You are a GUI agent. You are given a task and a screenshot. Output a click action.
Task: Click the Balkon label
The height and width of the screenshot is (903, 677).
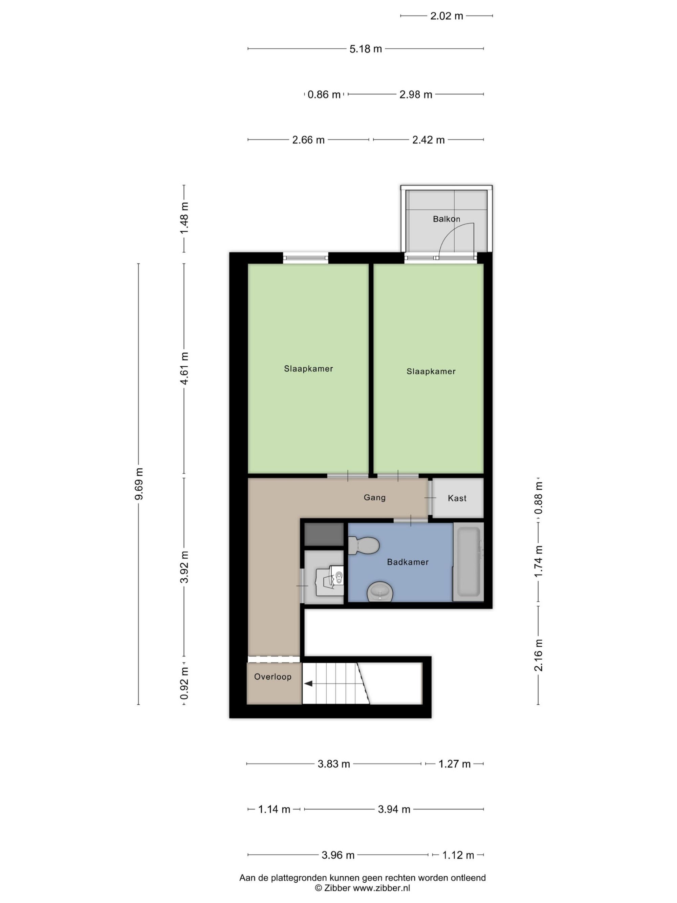pyautogui.click(x=446, y=219)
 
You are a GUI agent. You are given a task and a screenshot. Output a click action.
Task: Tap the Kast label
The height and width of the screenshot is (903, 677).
pyautogui.click(x=457, y=498)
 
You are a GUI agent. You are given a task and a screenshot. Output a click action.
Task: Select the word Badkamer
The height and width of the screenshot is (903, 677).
pyautogui.click(x=408, y=562)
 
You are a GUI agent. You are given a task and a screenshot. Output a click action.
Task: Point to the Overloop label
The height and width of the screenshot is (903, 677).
pyautogui.click(x=272, y=676)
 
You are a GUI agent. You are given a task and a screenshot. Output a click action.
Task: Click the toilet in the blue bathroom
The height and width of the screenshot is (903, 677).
pyautogui.click(x=364, y=545)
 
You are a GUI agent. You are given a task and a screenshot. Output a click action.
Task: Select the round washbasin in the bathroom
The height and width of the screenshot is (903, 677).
pyautogui.click(x=380, y=592)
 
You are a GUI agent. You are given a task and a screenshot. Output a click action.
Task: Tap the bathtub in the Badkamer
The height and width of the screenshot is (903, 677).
pyautogui.click(x=468, y=562)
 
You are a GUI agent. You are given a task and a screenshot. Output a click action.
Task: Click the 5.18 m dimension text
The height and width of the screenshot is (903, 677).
pyautogui.click(x=366, y=49)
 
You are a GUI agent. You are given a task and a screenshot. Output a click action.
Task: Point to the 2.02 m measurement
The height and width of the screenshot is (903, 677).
pyautogui.click(x=447, y=16)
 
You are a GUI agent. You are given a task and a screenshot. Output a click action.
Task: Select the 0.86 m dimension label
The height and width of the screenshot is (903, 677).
pyautogui.click(x=324, y=95)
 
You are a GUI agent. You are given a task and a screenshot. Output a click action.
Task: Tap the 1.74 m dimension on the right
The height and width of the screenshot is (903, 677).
pyautogui.click(x=539, y=561)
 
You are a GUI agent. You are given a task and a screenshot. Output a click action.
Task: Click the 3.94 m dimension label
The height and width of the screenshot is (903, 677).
pyautogui.click(x=394, y=809)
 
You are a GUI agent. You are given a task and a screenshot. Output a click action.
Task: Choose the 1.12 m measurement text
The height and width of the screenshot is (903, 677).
pyautogui.click(x=458, y=855)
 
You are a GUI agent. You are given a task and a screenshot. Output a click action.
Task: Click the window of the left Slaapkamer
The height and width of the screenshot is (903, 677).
pyautogui.click(x=306, y=257)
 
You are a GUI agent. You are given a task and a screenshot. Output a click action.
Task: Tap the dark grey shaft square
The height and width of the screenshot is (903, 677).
pyautogui.click(x=324, y=534)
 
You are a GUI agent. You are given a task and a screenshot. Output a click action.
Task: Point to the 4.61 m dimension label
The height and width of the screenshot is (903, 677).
pyautogui.click(x=184, y=368)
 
